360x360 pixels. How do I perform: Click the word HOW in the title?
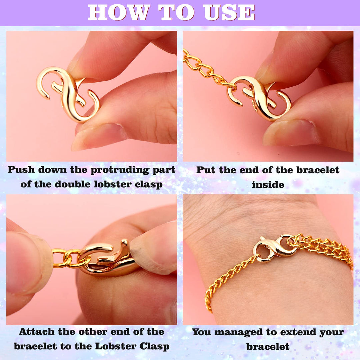tap(119, 13)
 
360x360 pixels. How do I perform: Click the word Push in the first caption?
tap(21, 170)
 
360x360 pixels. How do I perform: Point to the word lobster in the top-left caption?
tap(114, 184)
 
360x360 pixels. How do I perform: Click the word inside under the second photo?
tap(268, 185)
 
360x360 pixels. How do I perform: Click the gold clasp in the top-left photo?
tap(68, 94)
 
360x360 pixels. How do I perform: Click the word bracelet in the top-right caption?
tap(318, 170)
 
